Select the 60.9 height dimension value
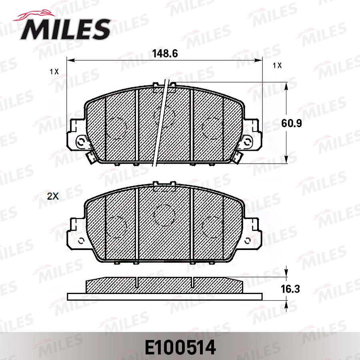291,123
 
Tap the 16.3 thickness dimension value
290,288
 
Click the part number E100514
180,347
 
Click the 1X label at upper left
54,72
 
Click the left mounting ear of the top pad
77,136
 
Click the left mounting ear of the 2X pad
77,232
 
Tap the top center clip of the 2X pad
164,185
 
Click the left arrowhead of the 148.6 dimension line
71,61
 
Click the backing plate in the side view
164,296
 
